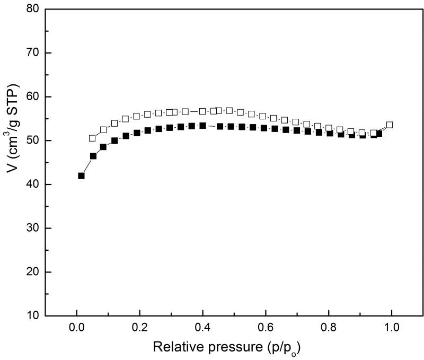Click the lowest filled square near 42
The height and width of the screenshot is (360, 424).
[x=81, y=175]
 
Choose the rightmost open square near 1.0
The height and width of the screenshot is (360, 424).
[x=390, y=125]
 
